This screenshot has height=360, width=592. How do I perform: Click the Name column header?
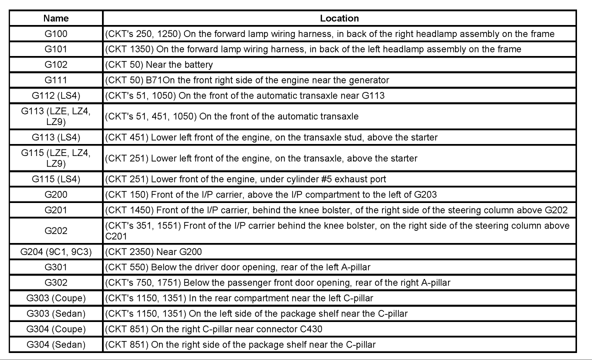(55, 18)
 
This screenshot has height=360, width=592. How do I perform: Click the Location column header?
(339, 18)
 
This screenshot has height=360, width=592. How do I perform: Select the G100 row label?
(55, 34)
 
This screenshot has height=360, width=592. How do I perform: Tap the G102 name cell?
(55, 64)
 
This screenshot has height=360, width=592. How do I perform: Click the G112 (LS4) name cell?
(55, 95)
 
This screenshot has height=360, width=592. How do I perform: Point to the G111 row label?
(55, 80)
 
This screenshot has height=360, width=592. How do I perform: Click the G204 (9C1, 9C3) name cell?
(55, 252)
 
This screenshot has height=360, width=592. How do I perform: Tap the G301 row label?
(55, 267)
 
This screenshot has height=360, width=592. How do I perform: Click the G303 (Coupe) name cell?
(55, 298)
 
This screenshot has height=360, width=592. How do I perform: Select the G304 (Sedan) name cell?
(55, 344)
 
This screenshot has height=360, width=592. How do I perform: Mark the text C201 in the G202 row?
(116, 236)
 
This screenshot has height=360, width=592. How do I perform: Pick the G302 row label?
(55, 283)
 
